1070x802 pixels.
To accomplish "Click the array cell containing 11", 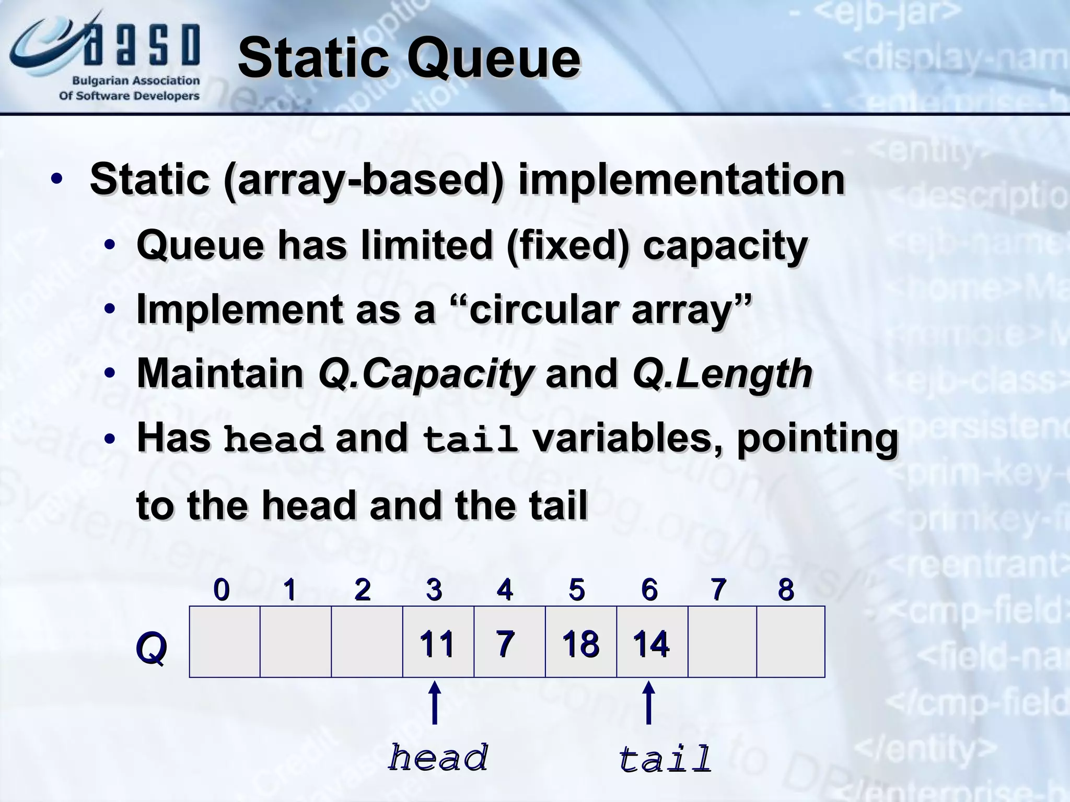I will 438,642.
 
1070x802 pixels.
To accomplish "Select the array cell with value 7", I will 509,642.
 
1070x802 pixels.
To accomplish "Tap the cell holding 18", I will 581,642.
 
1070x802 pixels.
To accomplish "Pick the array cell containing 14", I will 652,642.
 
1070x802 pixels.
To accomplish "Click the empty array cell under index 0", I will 225,642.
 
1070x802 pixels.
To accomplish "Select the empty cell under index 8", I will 790,642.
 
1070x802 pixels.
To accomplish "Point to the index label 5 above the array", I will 577,590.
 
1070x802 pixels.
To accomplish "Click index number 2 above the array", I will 362,590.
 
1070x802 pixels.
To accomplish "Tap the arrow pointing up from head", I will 434,702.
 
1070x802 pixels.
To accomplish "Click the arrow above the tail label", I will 648,702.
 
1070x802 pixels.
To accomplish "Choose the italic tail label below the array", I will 665,759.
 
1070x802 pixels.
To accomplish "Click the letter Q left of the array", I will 151,648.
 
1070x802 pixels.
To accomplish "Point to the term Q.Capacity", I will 426,374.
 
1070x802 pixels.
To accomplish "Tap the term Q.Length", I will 722,374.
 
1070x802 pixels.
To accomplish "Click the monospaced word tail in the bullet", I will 470,440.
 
